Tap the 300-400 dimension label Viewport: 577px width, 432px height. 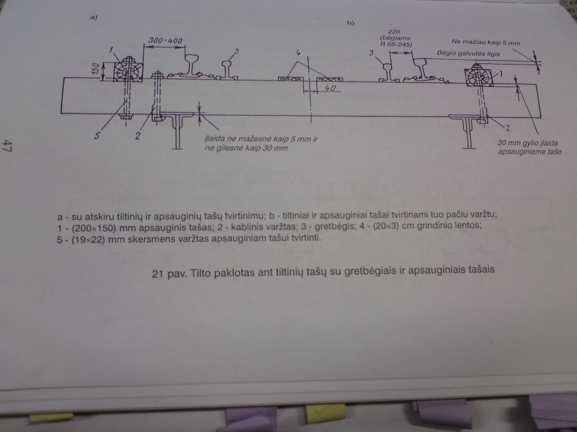click(165, 40)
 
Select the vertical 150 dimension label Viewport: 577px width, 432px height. click(95, 69)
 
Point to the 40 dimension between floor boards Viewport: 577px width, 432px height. click(330, 88)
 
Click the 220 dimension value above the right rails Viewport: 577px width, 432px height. click(394, 32)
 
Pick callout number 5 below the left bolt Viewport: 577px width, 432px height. click(97, 136)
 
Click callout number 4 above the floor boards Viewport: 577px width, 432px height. click(298, 53)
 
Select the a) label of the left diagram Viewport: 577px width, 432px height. click(94, 17)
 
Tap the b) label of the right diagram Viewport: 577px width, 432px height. click(350, 23)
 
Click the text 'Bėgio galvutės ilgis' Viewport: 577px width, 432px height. click(469, 53)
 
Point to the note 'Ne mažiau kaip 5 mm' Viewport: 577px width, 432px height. click(486, 42)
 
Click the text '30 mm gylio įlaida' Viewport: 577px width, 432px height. click(527, 143)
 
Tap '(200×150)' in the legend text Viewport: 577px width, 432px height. click(94, 228)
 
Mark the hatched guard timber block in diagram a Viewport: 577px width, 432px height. click(128, 71)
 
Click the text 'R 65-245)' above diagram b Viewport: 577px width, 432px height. click(396, 44)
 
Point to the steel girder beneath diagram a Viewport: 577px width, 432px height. click(178, 130)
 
